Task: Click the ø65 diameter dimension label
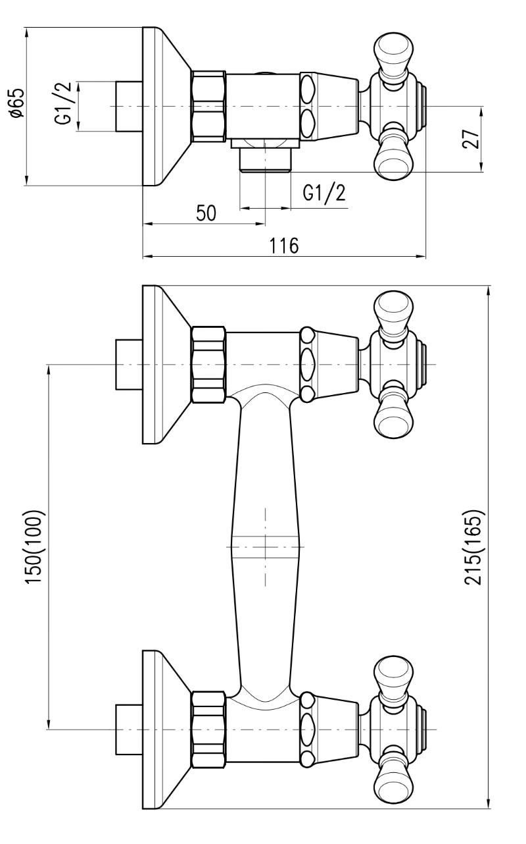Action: click(x=18, y=103)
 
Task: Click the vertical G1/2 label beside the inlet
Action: click(x=64, y=107)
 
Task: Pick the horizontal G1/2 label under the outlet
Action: click(x=323, y=193)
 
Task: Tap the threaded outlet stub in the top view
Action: click(x=266, y=160)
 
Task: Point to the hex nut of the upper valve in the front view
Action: click(x=208, y=364)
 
